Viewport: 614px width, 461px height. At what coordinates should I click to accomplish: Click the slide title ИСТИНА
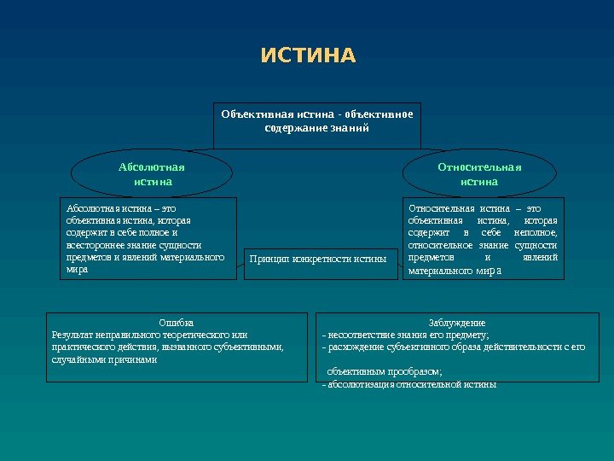(308, 56)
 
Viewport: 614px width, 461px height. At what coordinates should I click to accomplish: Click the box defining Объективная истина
(316, 121)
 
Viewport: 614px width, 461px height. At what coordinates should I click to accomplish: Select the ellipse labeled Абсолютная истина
(152, 174)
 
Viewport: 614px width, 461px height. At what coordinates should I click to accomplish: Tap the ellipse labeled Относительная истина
(479, 174)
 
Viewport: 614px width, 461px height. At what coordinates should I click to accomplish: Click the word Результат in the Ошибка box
(73, 335)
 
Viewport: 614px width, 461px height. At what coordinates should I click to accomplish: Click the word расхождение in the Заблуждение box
(355, 347)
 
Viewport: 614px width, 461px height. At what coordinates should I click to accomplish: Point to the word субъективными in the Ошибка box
(250, 347)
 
